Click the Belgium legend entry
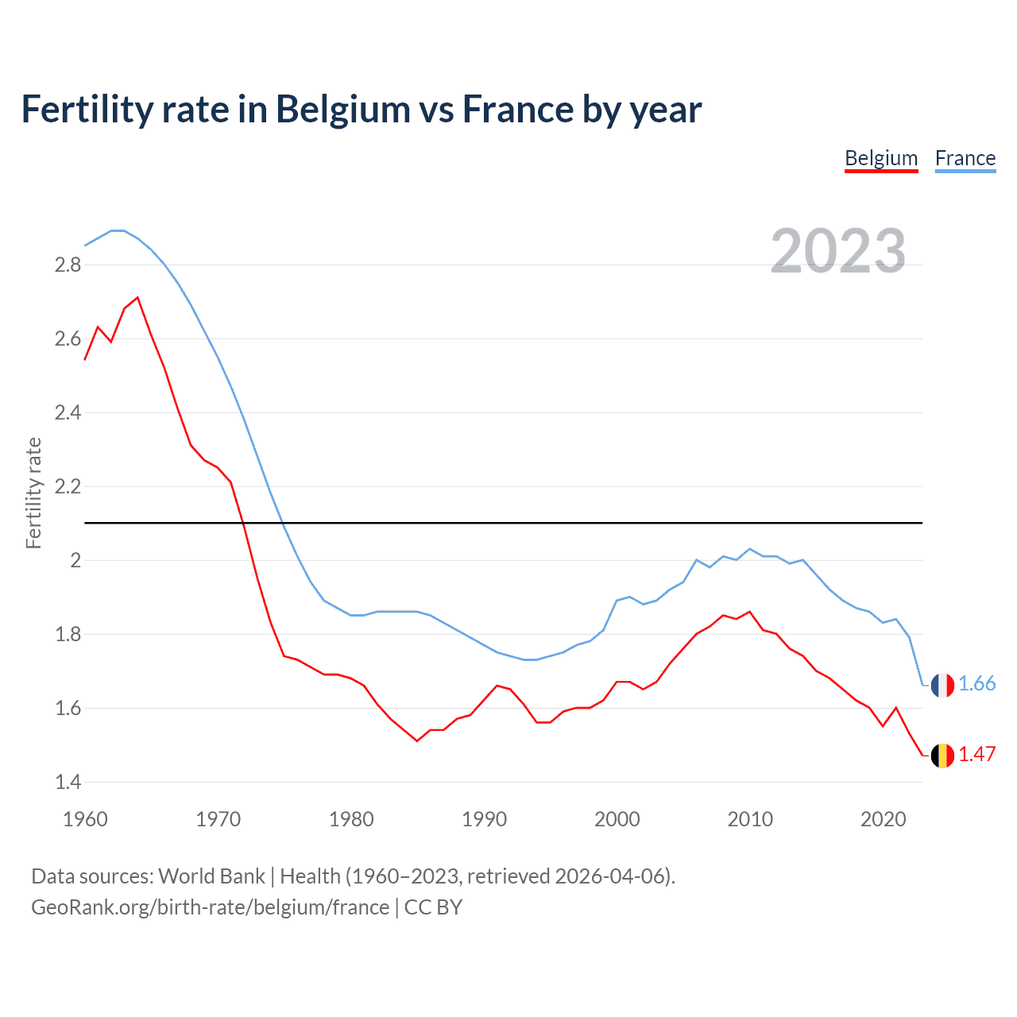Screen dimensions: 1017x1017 (881, 158)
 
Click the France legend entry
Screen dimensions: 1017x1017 (965, 158)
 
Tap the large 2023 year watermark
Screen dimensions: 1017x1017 (837, 251)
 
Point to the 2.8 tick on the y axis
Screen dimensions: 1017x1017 (68, 265)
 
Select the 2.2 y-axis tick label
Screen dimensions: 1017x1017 (68, 486)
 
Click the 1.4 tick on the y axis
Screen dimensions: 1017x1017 (68, 782)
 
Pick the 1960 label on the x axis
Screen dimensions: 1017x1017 (85, 819)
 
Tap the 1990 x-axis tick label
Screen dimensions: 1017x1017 (484, 819)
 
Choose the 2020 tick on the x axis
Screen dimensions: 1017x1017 (883, 819)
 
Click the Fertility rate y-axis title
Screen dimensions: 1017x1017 (33, 493)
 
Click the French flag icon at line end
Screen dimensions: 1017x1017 (942, 685)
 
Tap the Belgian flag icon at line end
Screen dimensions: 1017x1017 (942, 756)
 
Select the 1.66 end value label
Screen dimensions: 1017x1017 (976, 684)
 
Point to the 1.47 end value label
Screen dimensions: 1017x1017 (976, 755)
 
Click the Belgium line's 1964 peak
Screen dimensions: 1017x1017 (138, 298)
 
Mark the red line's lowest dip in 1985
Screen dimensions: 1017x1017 (417, 741)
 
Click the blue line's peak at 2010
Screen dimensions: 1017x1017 (749, 549)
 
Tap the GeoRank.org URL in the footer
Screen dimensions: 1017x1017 (210, 907)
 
